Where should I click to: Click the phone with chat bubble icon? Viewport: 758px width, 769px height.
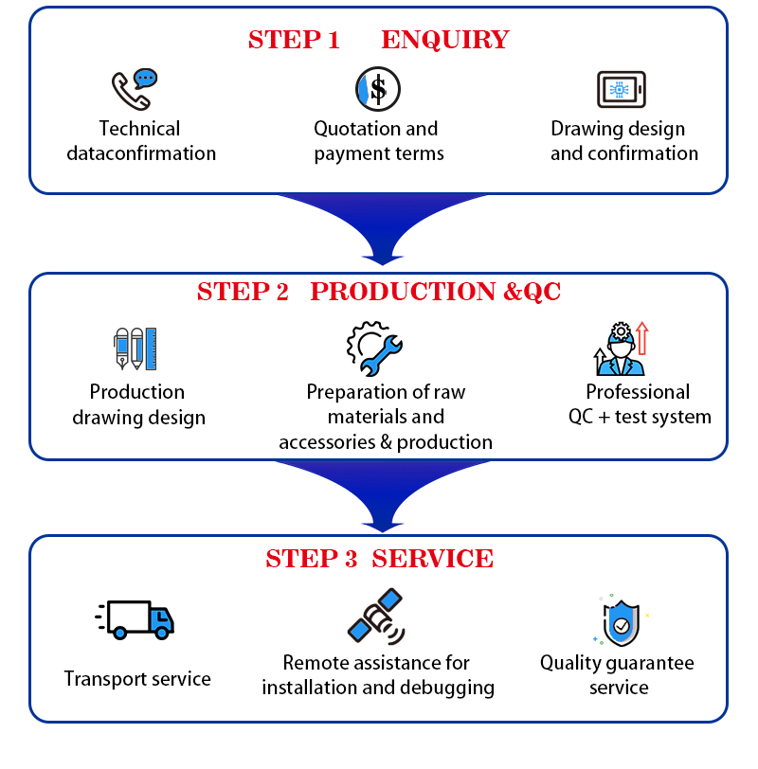[x=134, y=89]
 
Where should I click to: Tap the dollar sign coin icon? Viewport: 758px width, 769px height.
[x=378, y=89]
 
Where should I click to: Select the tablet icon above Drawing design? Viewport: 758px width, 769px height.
[x=623, y=90]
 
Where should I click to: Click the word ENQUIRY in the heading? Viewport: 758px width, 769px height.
[x=444, y=40]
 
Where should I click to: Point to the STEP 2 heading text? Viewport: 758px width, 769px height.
[x=243, y=293]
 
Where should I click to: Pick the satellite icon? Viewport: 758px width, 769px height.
[x=376, y=616]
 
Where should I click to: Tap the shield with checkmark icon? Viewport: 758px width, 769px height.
[x=621, y=620]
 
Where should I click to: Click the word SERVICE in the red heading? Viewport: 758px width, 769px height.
[x=432, y=559]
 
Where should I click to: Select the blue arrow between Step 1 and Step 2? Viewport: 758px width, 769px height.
[x=382, y=227]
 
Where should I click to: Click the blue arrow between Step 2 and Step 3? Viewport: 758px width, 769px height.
[x=382, y=493]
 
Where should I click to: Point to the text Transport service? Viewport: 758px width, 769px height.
[x=137, y=679]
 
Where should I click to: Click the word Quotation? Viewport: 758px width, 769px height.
[x=354, y=129]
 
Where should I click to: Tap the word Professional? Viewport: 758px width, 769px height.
[x=638, y=392]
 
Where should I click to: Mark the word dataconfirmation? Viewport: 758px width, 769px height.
[x=141, y=153]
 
